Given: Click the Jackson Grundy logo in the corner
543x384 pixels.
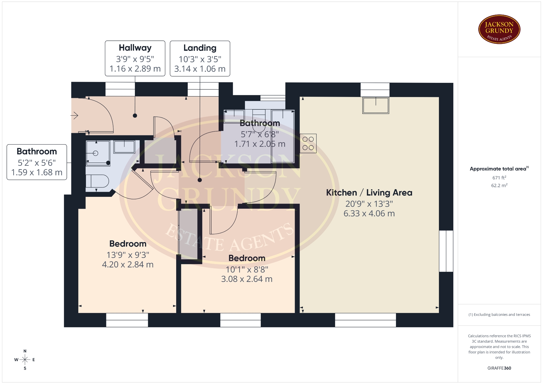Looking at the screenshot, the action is [x=499, y=29].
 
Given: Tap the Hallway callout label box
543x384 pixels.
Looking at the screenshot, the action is [x=135, y=58].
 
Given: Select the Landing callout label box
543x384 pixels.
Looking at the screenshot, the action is [x=200, y=59].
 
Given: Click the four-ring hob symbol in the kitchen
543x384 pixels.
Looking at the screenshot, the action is [x=308, y=143].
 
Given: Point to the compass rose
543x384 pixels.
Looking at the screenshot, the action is [x=25, y=360].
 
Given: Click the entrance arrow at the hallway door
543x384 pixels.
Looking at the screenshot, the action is [x=74, y=115].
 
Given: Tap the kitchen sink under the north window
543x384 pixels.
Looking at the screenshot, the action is [x=376, y=105].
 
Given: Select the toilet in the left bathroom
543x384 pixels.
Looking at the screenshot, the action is [x=97, y=181].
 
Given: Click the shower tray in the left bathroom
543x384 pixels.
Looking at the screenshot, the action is [x=98, y=153].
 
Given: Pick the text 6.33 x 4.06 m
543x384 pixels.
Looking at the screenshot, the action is [x=369, y=213].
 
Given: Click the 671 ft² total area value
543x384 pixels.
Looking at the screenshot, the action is [x=499, y=178].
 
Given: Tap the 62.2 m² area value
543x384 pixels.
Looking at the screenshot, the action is [x=499, y=185].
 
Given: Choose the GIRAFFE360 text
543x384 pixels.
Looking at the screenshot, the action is [x=499, y=368].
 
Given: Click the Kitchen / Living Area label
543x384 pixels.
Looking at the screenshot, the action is [x=369, y=193].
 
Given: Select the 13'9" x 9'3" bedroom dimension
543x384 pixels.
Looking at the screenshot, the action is [x=128, y=255].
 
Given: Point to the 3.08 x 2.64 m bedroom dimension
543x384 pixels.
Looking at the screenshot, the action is [x=247, y=279].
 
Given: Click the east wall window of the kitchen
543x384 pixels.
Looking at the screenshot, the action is [x=446, y=251].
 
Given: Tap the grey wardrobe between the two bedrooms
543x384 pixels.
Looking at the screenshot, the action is [x=188, y=234].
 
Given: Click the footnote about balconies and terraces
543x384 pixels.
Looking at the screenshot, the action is [x=499, y=314].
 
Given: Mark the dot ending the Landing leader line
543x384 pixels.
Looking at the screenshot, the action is [x=200, y=180].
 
